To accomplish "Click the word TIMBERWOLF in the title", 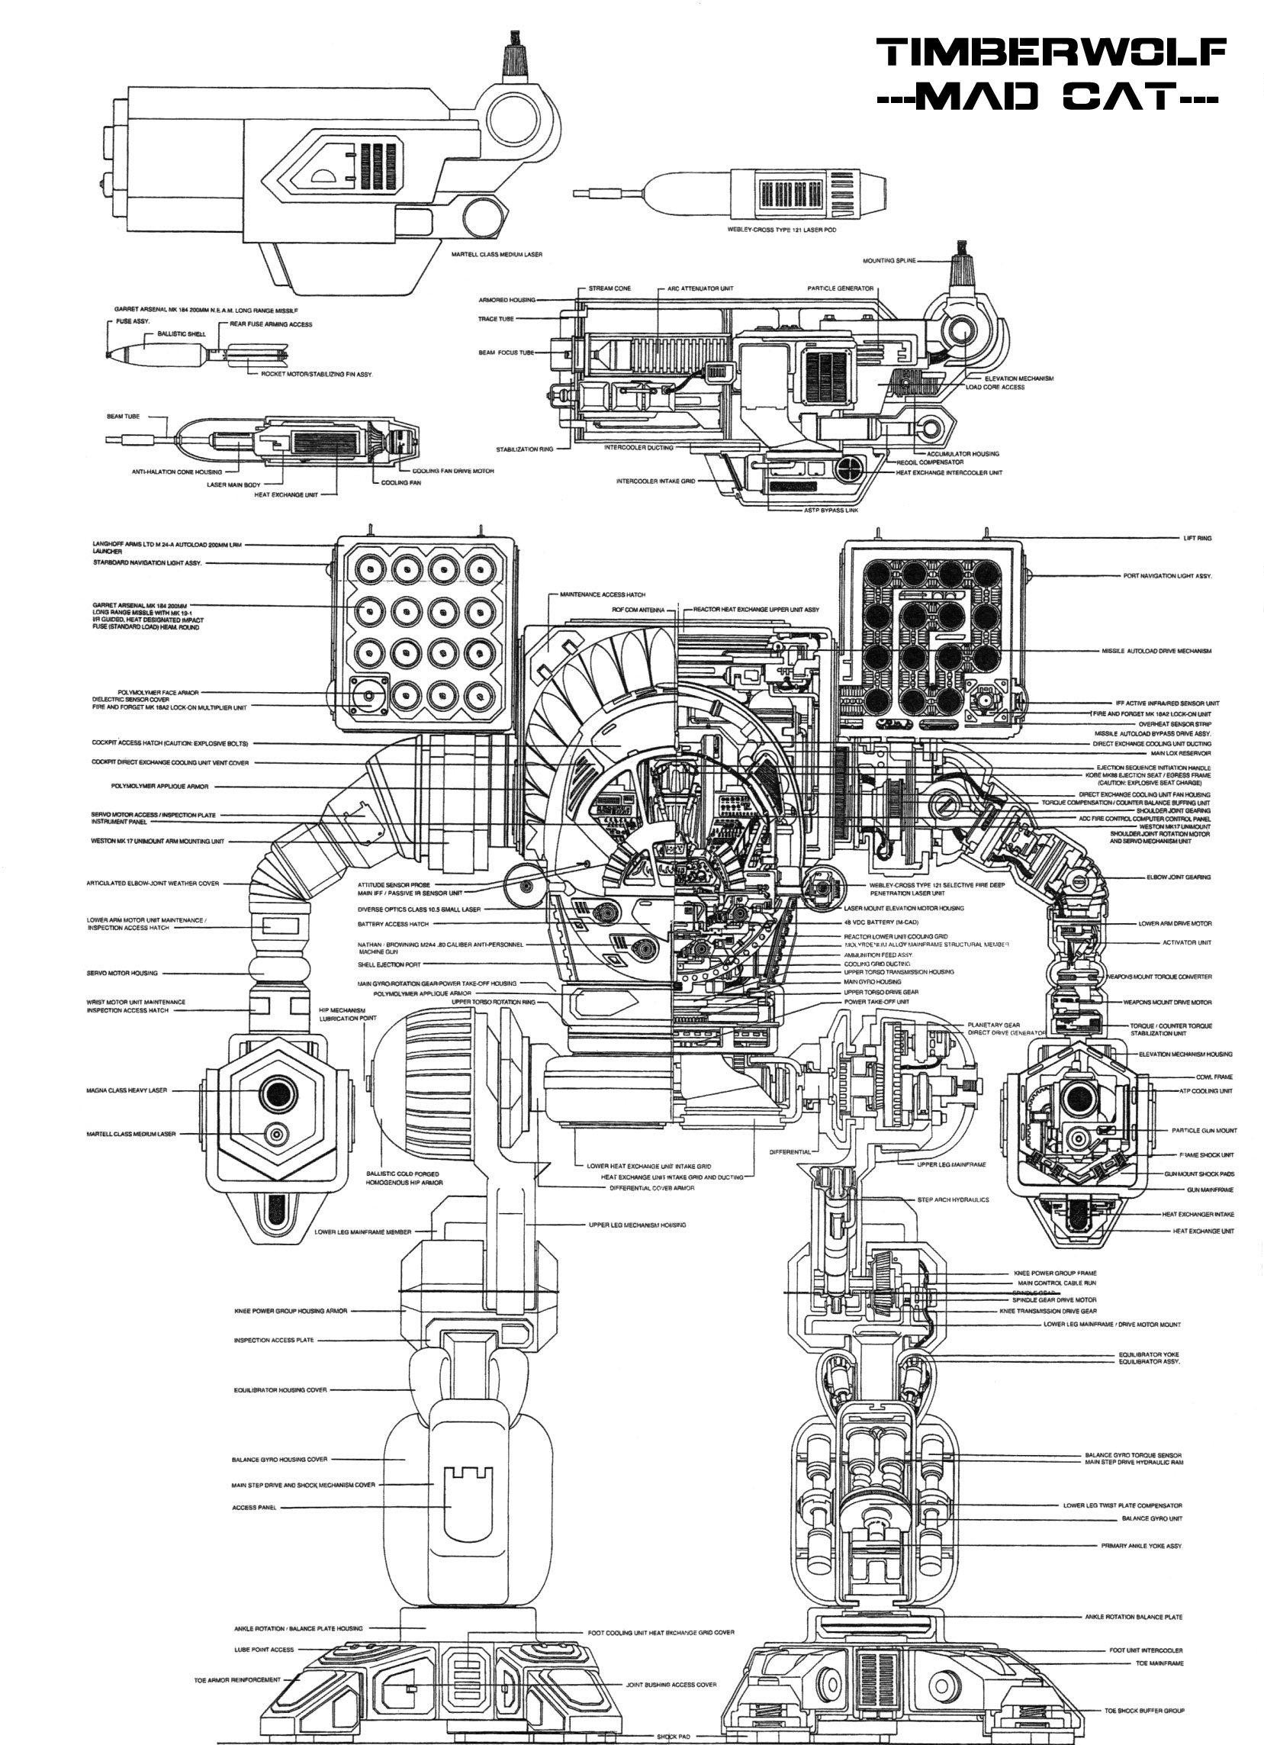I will tap(1051, 54).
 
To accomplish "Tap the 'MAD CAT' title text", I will tap(1051, 98).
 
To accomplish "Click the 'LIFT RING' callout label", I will tap(1197, 538).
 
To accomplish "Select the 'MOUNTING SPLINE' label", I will tap(889, 261).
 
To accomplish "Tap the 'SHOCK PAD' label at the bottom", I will tap(673, 1737).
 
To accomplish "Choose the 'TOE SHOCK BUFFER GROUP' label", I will tap(1144, 1711).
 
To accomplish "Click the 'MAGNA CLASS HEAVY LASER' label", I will tap(126, 1090).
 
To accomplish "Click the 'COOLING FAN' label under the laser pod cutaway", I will tap(400, 483).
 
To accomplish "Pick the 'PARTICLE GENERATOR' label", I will tap(840, 288).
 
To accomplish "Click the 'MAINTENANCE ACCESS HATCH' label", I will tap(603, 594).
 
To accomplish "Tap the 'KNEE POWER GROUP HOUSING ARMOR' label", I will tap(291, 1311).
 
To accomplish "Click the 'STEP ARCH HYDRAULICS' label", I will tap(954, 1199).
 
